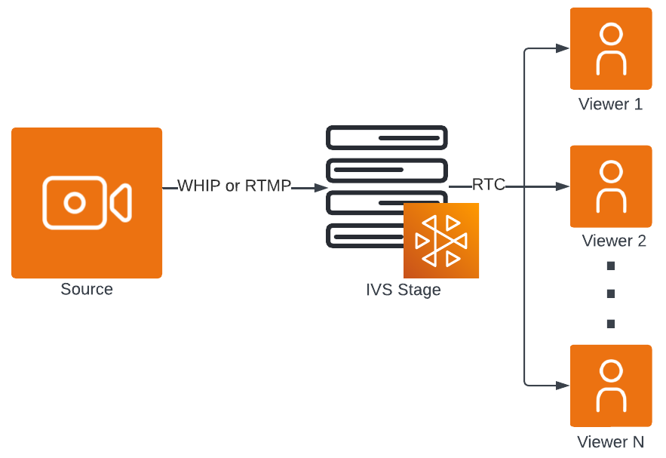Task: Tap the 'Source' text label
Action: pos(87,290)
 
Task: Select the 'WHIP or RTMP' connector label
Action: pos(234,186)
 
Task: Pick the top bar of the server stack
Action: pos(386,137)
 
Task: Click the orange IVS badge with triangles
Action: pos(441,241)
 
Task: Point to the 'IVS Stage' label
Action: pos(403,290)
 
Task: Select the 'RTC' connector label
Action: pos(488,185)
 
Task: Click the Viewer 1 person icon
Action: pos(611,49)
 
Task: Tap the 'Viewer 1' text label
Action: pos(611,104)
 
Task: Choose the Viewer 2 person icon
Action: pos(611,186)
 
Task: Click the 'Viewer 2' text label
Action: pos(614,241)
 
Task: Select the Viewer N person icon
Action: pos(611,386)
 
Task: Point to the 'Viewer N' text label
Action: pos(611,442)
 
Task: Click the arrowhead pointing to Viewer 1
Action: pos(562,48)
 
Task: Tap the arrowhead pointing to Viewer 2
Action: pos(562,186)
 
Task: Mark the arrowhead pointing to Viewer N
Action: pos(562,386)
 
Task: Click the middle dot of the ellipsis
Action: pos(611,294)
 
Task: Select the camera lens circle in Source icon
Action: pos(74,202)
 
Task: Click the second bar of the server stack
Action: pos(386,170)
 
